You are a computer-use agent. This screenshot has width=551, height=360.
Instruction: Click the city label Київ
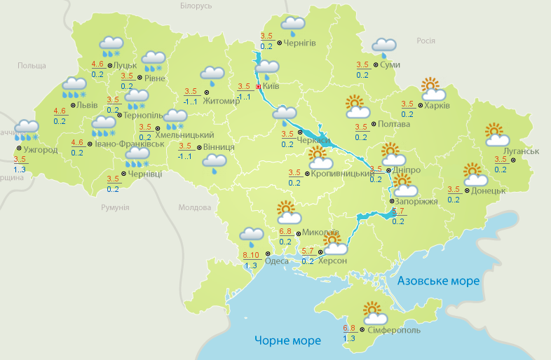[x=271, y=87]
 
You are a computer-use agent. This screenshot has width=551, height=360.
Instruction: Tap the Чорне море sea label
[x=287, y=340]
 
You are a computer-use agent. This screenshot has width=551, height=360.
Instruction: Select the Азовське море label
[x=438, y=281]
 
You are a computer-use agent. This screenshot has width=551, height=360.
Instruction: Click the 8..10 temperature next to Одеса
[x=251, y=255]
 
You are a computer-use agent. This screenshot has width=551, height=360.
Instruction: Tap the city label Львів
[x=88, y=104]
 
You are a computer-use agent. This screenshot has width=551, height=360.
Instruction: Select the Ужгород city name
[x=39, y=149]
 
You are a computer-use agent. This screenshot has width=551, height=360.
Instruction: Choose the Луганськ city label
[x=521, y=151]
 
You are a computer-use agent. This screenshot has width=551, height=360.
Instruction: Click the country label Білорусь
[x=196, y=6]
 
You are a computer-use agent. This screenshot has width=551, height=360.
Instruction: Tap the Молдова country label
[x=195, y=208]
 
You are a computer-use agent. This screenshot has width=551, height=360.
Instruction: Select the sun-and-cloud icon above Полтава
[x=358, y=107]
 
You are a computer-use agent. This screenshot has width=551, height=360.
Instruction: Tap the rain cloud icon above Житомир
[x=212, y=75]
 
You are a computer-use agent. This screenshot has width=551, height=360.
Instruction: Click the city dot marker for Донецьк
[x=468, y=189]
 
